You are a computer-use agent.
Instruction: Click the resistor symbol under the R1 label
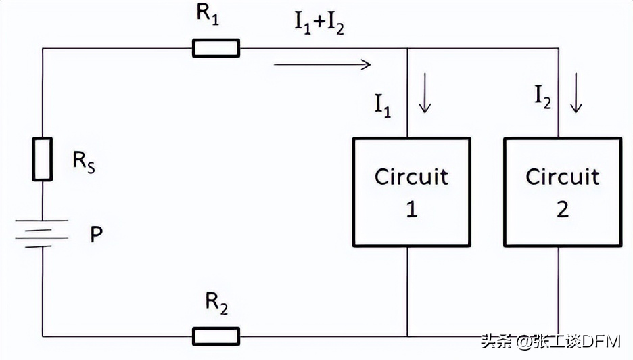[x=216, y=48]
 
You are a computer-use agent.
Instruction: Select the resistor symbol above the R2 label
[x=216, y=336]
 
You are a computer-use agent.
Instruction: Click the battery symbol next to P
[x=43, y=233]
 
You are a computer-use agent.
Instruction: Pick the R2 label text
[x=216, y=307]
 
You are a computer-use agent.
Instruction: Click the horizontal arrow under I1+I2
[x=323, y=65]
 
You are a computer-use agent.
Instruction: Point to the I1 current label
[x=383, y=105]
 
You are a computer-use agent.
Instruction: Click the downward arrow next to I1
[x=425, y=99]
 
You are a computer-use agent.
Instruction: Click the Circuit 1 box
[x=411, y=192]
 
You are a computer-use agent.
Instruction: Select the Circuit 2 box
[x=562, y=192]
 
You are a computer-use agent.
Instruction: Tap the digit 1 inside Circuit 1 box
[x=411, y=209]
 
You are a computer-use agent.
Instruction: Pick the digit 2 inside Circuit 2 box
[x=562, y=209]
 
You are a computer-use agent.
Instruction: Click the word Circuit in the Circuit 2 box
[x=562, y=177]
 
